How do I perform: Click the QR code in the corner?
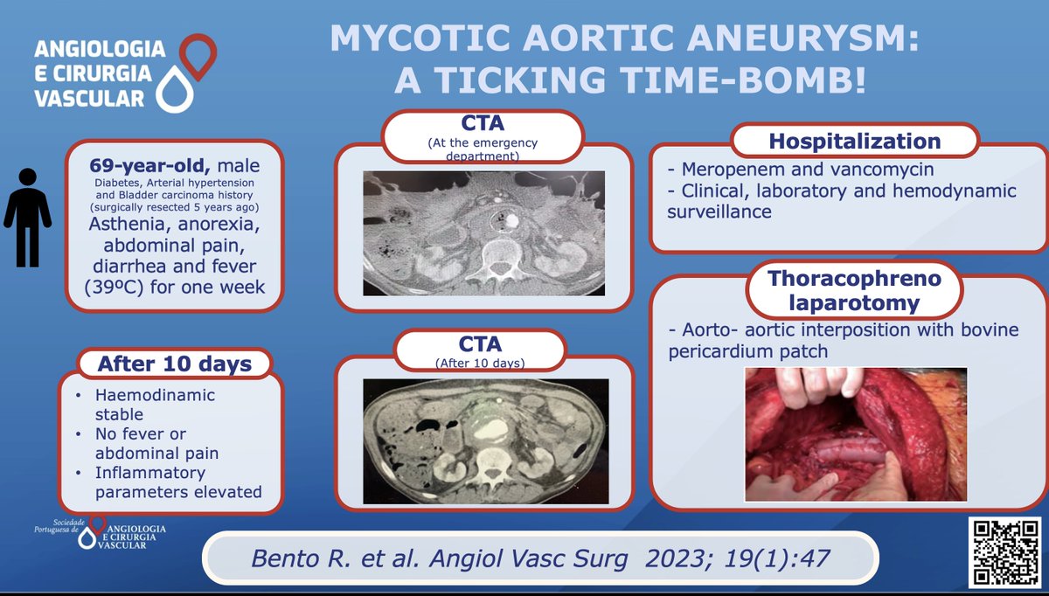[1004, 551]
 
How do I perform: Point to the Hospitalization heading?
[854, 142]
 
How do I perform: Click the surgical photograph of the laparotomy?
[855, 433]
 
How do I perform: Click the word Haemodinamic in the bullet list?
[155, 396]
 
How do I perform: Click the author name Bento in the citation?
[275, 557]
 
